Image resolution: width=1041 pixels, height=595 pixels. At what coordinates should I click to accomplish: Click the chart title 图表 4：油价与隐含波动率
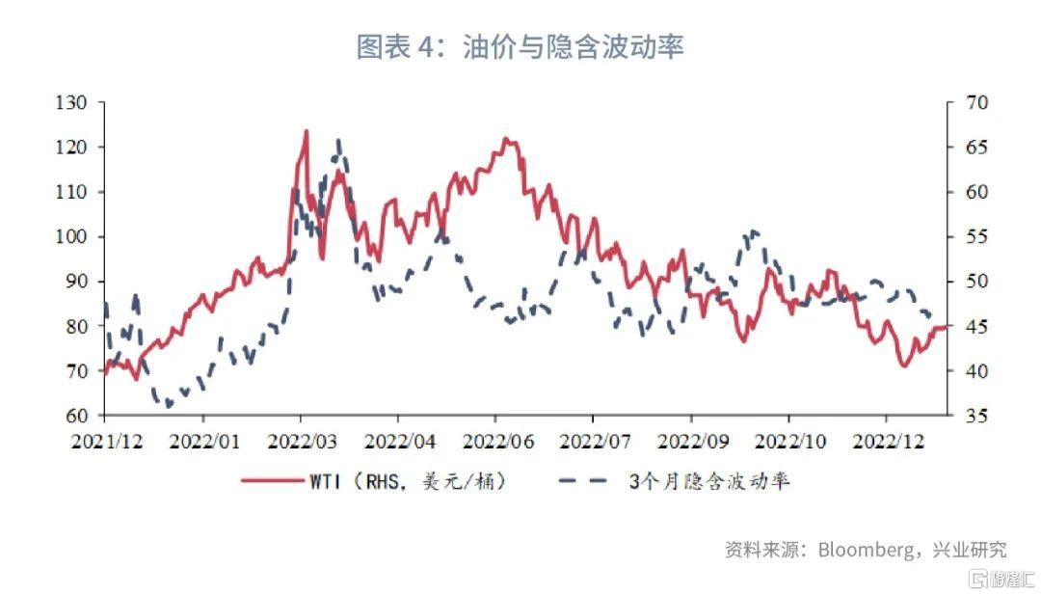tap(520, 45)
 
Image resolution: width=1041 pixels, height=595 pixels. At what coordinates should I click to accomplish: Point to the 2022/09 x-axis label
tap(690, 442)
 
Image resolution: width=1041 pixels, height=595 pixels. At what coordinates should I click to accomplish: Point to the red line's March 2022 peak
tap(307, 131)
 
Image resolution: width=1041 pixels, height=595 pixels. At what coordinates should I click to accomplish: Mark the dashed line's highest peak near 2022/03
tap(338, 141)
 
